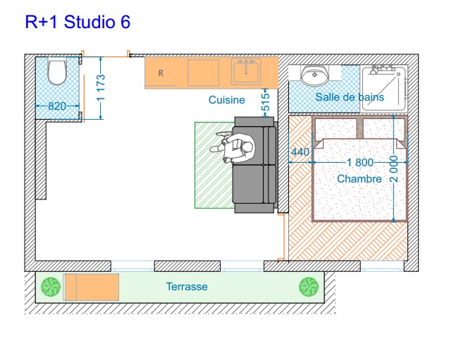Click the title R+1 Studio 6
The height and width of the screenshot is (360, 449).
78,22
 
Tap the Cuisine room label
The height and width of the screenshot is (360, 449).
226,100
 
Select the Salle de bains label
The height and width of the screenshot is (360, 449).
350,97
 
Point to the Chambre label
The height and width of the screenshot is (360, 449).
359,179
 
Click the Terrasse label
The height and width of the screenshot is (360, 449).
187,287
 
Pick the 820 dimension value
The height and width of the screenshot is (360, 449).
57,106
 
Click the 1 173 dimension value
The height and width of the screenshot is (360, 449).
101,88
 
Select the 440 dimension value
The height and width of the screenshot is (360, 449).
300,151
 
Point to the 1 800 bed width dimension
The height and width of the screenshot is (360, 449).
360,163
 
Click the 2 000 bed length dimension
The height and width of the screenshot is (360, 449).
394,169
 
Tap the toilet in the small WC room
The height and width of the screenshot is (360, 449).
57,72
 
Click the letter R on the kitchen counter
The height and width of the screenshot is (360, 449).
161,73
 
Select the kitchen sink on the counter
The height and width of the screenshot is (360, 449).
246,72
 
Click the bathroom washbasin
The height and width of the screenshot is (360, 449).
314,75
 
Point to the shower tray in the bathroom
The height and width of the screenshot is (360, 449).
383,89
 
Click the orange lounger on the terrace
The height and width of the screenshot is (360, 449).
91,287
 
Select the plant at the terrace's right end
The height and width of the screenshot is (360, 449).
309,287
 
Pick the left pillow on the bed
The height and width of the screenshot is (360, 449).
336,129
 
